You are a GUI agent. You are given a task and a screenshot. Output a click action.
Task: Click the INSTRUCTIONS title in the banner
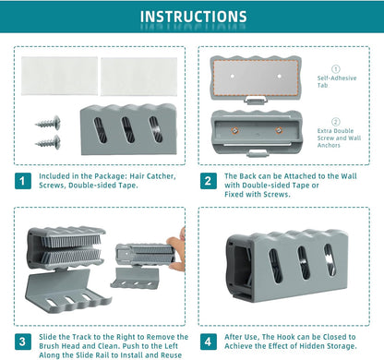point(194,17)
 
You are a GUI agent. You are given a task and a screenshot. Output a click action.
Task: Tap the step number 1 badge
point(23,181)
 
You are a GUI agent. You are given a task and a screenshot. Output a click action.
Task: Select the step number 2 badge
point(208,181)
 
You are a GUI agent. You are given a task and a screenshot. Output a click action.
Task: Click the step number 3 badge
point(23,342)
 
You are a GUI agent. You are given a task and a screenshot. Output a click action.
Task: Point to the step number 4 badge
point(208,342)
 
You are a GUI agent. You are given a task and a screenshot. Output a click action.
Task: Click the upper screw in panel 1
point(48,123)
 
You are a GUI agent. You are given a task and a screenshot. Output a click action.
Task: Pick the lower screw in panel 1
point(48,142)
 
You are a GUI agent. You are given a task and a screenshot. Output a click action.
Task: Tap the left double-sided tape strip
point(59,76)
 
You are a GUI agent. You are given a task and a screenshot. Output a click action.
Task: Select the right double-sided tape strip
point(138,77)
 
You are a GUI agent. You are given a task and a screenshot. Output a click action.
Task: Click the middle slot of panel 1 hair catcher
point(128,130)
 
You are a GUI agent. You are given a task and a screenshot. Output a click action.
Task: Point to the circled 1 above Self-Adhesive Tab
point(336,69)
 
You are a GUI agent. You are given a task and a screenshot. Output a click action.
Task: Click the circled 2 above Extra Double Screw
point(336,122)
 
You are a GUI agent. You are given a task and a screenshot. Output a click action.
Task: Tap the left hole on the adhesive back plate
point(233,76)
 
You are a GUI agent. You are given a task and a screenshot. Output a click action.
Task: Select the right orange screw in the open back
point(279,130)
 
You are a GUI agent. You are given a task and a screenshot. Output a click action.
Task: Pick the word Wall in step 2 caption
point(349,176)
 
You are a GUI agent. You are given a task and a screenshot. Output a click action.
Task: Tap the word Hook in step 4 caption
point(286,337)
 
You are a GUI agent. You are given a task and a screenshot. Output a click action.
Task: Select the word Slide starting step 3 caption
point(47,337)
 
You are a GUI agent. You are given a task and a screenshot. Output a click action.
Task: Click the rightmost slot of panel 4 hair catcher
point(330,260)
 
